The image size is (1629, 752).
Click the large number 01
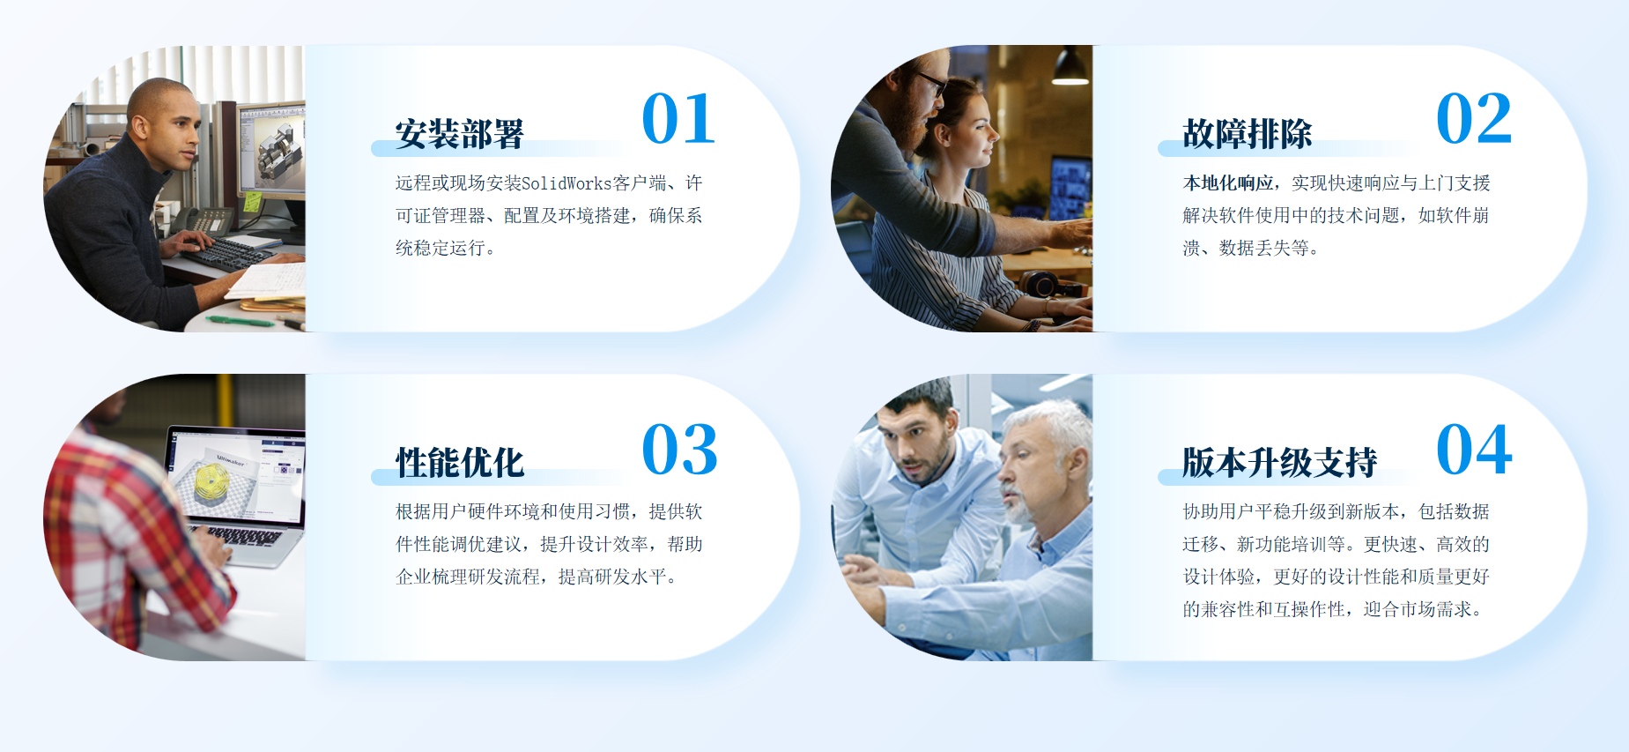pyautogui.click(x=678, y=118)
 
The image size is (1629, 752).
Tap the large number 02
pyautogui.click(x=1474, y=118)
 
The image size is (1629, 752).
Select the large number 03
pyautogui.click(x=679, y=449)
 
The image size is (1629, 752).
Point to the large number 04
pyautogui.click(x=1474, y=449)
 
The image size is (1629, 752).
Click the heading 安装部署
pyautogui.click(x=459, y=134)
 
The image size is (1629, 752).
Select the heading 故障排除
pyautogui.click(x=1247, y=134)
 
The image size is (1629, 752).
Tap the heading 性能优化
pyautogui.click(x=459, y=463)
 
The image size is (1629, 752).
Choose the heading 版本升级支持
pyautogui.click(x=1279, y=463)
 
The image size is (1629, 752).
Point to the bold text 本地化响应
pyautogui.click(x=1227, y=183)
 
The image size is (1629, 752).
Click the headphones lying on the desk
pyautogui.click(x=1043, y=284)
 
